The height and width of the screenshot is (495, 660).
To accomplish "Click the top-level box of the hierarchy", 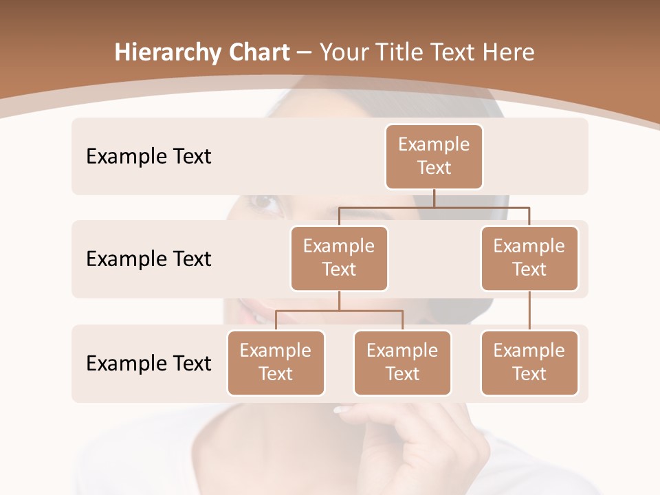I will pyautogui.click(x=434, y=156).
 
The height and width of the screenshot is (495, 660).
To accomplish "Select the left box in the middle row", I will pyautogui.click(x=339, y=258).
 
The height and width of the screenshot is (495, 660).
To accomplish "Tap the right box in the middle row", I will pyautogui.click(x=529, y=258).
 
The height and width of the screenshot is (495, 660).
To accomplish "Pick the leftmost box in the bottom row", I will pyautogui.click(x=276, y=362).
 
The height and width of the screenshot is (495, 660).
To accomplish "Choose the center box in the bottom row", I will pyautogui.click(x=402, y=362).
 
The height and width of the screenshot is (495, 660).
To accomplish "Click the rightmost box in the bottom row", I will pyautogui.click(x=529, y=362).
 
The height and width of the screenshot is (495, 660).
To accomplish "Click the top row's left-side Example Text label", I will pyautogui.click(x=148, y=157).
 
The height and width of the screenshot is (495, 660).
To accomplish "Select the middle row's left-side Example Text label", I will pyautogui.click(x=148, y=259).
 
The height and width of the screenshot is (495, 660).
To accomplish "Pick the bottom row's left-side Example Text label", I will pyautogui.click(x=148, y=363).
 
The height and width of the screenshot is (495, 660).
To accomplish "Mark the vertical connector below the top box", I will pyautogui.click(x=434, y=198).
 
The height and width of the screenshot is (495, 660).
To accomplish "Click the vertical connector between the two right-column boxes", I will pyautogui.click(x=529, y=311).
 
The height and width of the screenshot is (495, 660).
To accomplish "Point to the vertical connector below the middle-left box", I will pyautogui.click(x=339, y=301).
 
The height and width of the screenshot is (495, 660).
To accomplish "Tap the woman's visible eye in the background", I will pyautogui.click(x=265, y=203).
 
